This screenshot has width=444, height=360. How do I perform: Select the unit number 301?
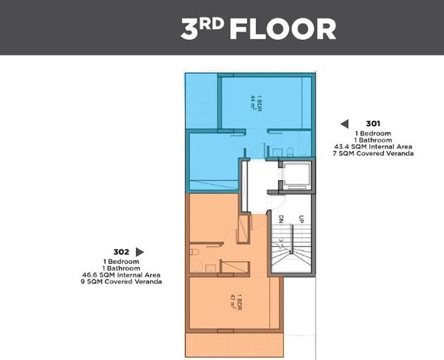tap(373, 124)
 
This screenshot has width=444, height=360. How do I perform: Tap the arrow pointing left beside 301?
tap(344, 124)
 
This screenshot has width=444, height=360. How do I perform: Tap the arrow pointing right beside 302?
tap(140, 252)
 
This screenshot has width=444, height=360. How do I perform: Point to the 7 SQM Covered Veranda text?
tap(373, 154)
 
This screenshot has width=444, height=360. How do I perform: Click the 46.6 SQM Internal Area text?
tap(122, 275)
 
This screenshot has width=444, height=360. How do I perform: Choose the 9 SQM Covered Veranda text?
tap(122, 282)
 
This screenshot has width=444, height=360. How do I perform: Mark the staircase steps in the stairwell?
tap(289, 254)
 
